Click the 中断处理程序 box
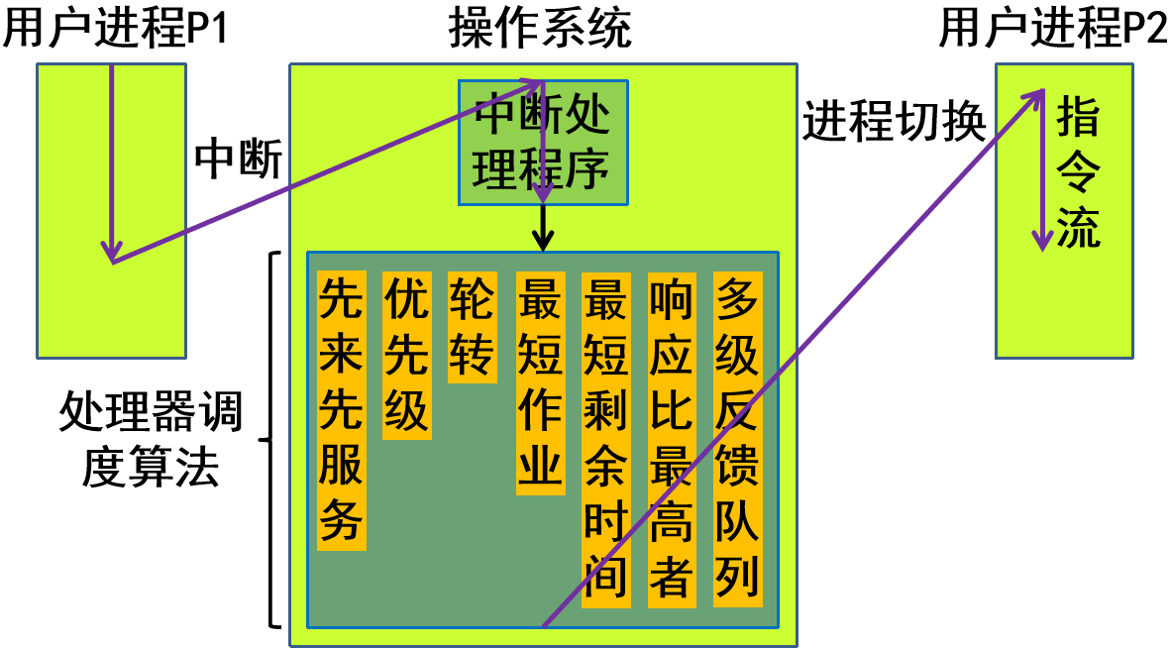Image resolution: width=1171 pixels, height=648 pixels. point(543,143)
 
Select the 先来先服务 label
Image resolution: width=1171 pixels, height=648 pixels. point(341,410)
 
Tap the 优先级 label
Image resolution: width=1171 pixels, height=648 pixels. point(406,355)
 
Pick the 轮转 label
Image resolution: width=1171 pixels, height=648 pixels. point(472,327)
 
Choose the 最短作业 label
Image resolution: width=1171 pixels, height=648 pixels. point(540,382)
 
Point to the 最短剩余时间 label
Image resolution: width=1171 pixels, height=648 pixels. point(605,439)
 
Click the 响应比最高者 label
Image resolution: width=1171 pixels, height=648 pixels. point(672,439)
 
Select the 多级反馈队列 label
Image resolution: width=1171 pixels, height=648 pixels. point(738,439)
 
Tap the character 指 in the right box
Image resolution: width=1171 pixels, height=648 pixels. point(1078,117)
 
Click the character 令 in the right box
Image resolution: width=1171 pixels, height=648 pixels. point(1078,173)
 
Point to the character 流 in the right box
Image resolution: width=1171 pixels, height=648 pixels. point(1078,229)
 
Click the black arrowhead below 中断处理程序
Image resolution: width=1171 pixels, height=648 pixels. point(542,240)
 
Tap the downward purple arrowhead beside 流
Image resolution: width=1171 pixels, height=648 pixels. point(1041,240)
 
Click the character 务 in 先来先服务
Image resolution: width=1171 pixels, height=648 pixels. point(341,521)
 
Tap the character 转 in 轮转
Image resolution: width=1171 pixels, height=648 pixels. point(472,355)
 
